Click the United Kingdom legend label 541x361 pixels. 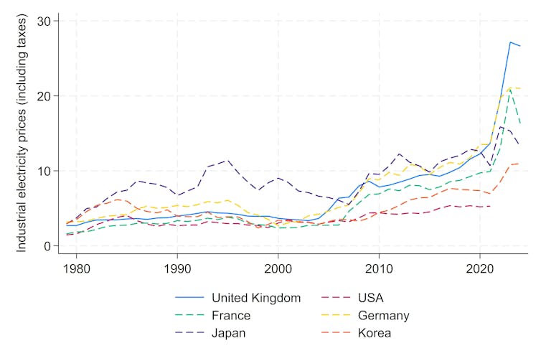pyautogui.click(x=256, y=297)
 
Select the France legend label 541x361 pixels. pyautogui.click(x=231, y=315)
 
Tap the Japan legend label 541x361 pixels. pyautogui.click(x=228, y=333)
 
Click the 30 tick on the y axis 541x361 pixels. pyautogui.click(x=44, y=21)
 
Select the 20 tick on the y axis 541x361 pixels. pyautogui.click(x=44, y=96)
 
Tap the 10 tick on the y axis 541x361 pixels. pyautogui.click(x=44, y=171)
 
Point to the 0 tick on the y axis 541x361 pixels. pyautogui.click(x=47, y=246)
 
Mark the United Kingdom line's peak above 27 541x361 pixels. pyautogui.click(x=509, y=42)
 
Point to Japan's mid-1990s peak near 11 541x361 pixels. pyautogui.click(x=227, y=161)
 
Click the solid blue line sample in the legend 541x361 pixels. pyautogui.click(x=189, y=297)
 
